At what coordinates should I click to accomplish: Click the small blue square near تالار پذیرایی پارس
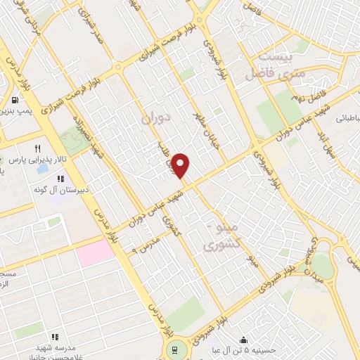coord(43,169)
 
